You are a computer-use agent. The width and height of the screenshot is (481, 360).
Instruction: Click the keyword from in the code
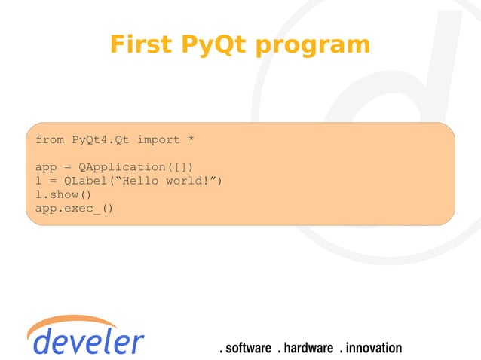[50, 140]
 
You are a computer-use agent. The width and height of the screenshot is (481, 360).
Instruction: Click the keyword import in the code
[158, 140]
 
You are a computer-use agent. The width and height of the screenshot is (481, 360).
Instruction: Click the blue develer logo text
[89, 341]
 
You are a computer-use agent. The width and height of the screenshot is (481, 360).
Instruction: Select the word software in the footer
[248, 348]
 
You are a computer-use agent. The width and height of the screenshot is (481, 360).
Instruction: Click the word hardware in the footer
[308, 348]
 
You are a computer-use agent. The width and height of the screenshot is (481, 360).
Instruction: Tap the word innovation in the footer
[374, 348]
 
